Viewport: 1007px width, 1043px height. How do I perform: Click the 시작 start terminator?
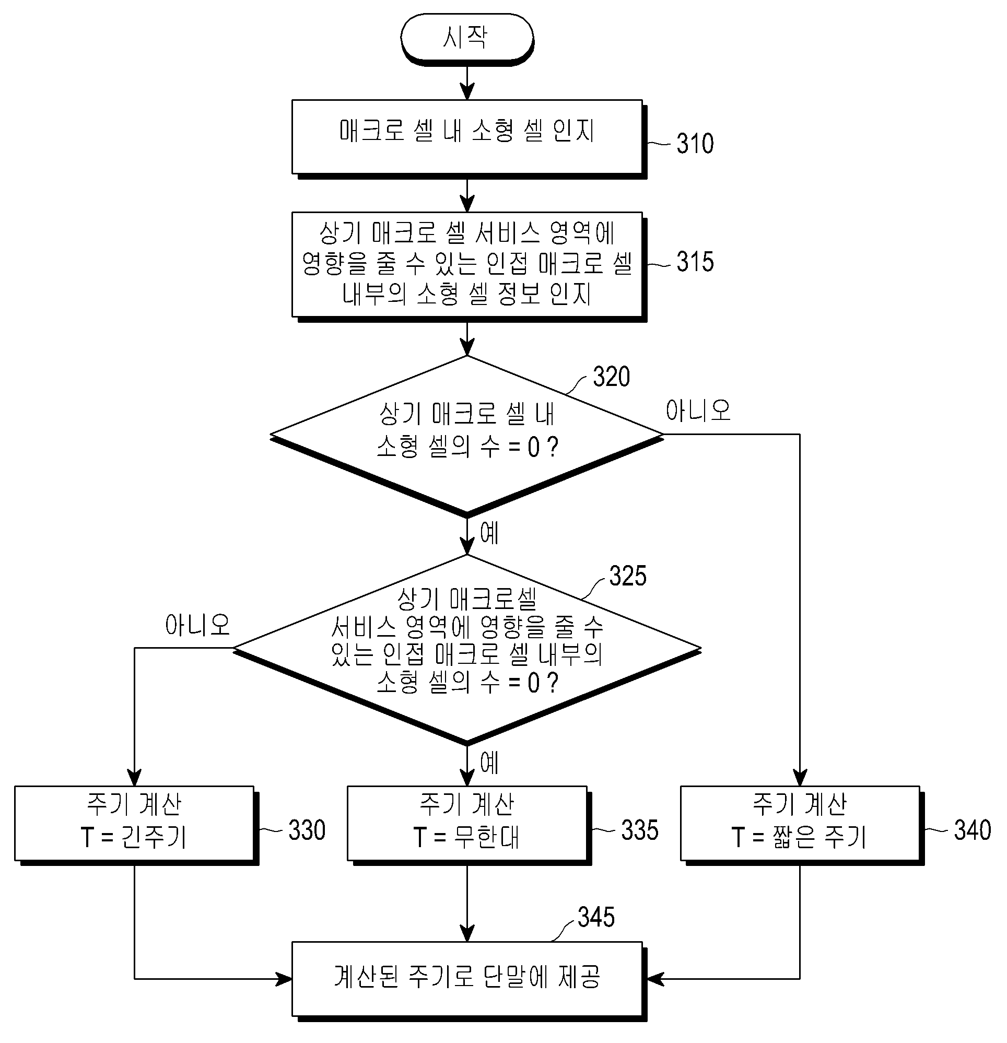[x=467, y=38]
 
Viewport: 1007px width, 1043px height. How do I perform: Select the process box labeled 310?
[x=469, y=138]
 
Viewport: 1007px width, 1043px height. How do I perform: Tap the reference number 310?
[x=695, y=144]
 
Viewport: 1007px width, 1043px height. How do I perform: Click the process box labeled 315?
[x=469, y=266]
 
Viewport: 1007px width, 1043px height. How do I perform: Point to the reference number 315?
[x=695, y=262]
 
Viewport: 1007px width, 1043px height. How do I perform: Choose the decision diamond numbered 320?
[x=467, y=435]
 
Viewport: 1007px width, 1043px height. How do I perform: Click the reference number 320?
[x=612, y=377]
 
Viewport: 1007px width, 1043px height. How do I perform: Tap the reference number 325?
[x=627, y=576]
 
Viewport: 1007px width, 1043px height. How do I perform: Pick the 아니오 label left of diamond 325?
[x=197, y=625]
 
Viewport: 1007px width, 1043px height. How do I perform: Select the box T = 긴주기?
[x=136, y=825]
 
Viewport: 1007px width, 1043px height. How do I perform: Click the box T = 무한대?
[x=469, y=825]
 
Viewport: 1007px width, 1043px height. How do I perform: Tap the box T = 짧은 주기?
[x=802, y=825]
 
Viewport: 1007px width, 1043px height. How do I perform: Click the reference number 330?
[x=307, y=830]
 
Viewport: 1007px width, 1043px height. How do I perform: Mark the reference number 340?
[x=973, y=830]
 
